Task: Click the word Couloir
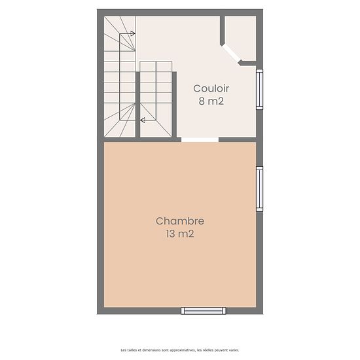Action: (x=211, y=88)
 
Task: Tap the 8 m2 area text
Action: (x=211, y=101)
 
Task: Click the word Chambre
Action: (x=180, y=221)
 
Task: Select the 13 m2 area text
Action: (x=180, y=234)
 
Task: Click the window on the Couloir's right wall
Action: (x=260, y=89)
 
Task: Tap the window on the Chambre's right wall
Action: (x=260, y=189)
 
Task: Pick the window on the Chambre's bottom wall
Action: (x=204, y=311)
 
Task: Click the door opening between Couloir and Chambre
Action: (x=200, y=139)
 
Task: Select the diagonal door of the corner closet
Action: (x=231, y=54)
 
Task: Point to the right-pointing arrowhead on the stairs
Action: (x=133, y=34)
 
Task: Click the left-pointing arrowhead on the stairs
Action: (x=143, y=120)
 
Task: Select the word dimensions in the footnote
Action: (x=151, y=350)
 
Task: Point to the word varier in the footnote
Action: (x=234, y=350)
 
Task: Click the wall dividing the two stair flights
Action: (x=137, y=105)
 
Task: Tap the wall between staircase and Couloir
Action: (x=174, y=105)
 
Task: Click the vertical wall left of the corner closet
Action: (x=223, y=30)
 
